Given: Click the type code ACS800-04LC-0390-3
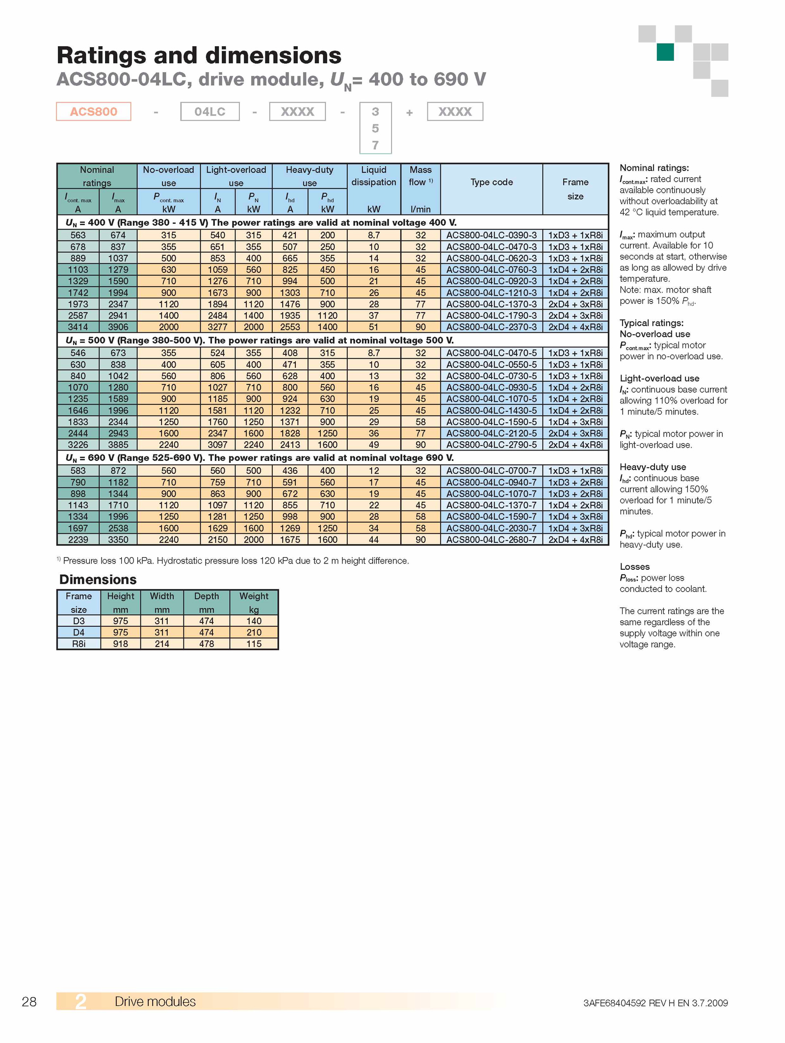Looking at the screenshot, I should (491, 235).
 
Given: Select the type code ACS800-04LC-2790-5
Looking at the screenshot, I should (491, 445).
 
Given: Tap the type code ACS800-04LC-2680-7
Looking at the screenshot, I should (491, 539).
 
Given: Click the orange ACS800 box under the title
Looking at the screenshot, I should (94, 111).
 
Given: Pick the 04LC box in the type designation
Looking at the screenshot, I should (210, 111).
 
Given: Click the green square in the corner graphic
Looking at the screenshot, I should (665, 52).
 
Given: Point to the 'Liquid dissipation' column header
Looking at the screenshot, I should (374, 176).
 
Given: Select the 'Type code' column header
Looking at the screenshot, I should (492, 182).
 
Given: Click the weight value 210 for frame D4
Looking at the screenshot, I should (254, 632).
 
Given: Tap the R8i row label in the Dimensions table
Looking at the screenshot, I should (78, 643).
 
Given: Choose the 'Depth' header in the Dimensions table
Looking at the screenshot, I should (207, 596).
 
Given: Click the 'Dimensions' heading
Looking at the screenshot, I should (98, 579).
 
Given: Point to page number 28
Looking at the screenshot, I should (29, 1002).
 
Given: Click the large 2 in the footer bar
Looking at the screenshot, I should (80, 1002).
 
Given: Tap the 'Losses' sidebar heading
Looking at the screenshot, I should (634, 566).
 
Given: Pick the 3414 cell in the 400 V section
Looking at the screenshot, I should (78, 327).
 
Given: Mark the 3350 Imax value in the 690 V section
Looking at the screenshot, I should (118, 539).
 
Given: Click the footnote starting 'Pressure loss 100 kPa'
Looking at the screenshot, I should (233, 561).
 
